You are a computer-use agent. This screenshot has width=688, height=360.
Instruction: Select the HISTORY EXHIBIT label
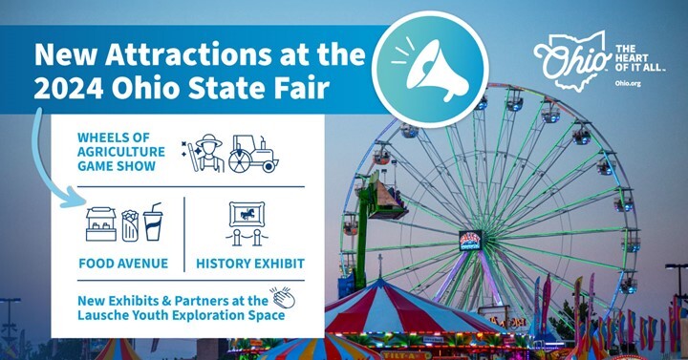(x=249, y=263)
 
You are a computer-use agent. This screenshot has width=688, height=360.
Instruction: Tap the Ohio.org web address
(x=629, y=84)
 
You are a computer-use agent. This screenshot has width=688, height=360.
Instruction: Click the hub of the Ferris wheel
(x=471, y=240)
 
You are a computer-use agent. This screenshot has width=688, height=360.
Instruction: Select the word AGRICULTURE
(x=121, y=151)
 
